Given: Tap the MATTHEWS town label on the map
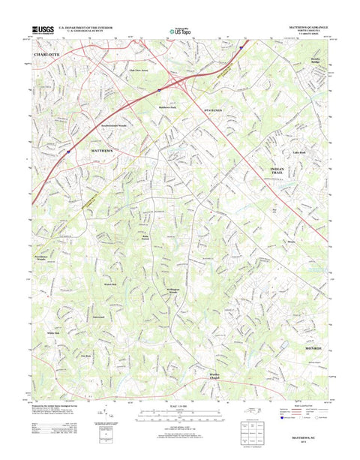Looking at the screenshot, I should point(103,150).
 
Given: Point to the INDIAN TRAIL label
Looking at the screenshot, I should point(282,172).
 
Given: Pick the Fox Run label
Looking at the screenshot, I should point(94,356).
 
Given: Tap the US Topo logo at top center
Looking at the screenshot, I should point(179,32).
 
